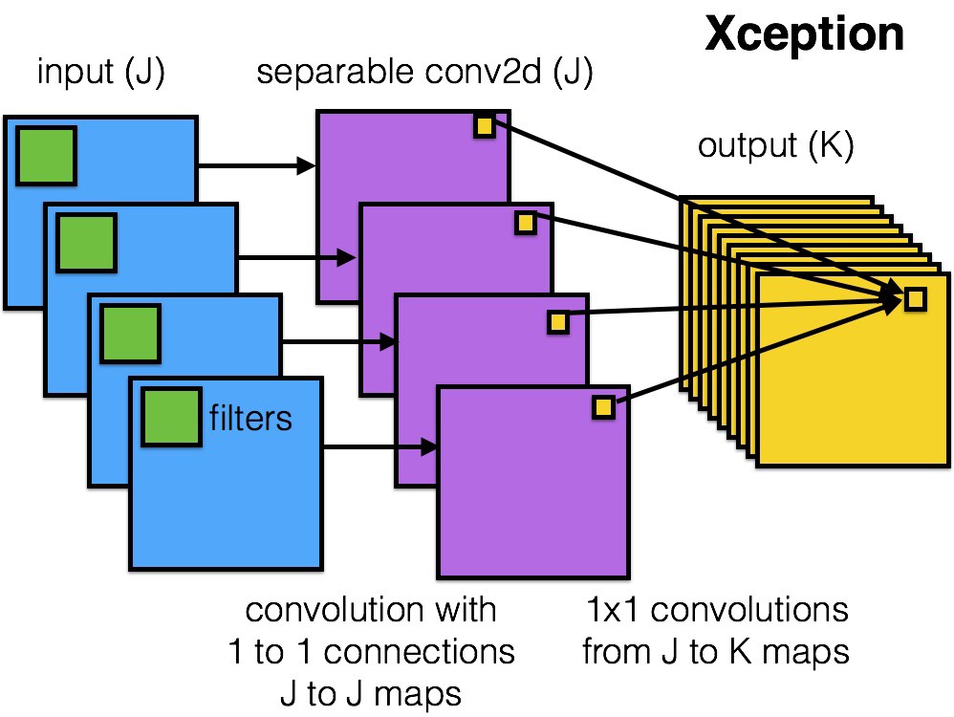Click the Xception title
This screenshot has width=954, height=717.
pos(804,34)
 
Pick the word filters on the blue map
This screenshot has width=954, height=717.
pos(250,418)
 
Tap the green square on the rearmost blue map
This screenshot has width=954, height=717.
pos(45,156)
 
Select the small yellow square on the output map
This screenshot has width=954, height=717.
pos(915,299)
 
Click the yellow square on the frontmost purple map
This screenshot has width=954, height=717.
pos(603,407)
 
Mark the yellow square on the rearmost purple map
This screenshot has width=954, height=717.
pos(484,125)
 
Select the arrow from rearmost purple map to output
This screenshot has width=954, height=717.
pos(698,210)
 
